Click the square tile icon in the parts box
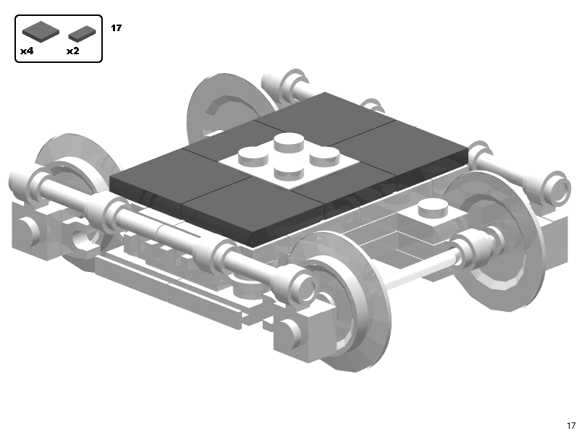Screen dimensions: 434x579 click(x=41, y=31)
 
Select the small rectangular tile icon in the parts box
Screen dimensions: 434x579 click(x=83, y=33)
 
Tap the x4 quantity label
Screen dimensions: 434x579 click(x=27, y=51)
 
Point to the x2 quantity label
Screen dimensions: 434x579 click(x=72, y=51)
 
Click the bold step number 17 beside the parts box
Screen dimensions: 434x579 click(x=116, y=28)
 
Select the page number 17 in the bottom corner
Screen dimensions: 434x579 click(x=570, y=425)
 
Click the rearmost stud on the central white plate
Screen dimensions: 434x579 click(x=290, y=141)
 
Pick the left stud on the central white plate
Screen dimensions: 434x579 click(x=252, y=156)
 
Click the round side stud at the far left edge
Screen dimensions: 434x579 click(x=27, y=230)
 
